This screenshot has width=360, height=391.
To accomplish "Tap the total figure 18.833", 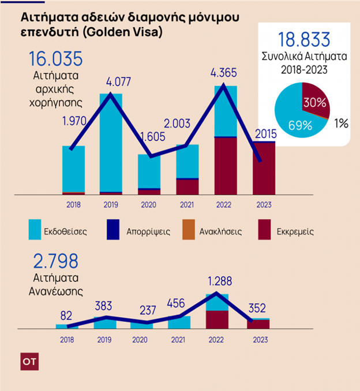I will click(304, 40).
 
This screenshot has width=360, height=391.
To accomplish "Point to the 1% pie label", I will click(342, 123).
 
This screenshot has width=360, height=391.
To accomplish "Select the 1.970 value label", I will click(75, 121).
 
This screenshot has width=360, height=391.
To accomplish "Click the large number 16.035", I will click(55, 59).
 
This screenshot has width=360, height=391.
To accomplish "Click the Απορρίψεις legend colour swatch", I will click(115, 230).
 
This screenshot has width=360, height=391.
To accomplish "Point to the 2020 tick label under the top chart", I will click(148, 204).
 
